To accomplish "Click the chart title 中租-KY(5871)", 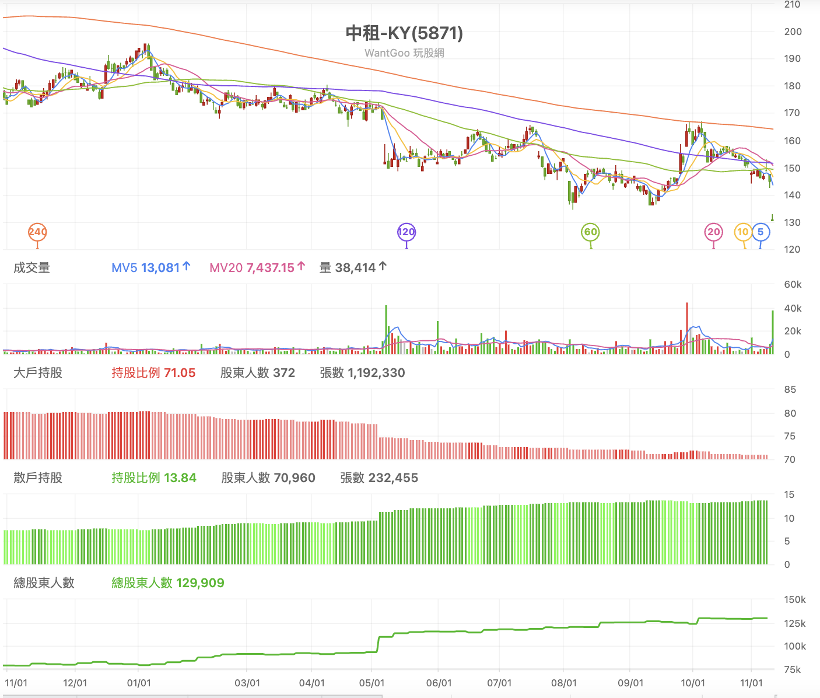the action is [404, 33].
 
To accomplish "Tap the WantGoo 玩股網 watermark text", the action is [404, 53].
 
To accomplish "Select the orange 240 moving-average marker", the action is [38, 232].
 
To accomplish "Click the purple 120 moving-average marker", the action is [407, 232].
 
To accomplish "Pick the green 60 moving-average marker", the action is [590, 232].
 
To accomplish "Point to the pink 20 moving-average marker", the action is [714, 232].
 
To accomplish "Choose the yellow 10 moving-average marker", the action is [743, 232].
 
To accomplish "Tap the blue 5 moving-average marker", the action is [761, 232].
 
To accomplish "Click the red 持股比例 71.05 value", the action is [153, 373].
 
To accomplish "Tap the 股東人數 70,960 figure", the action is [268, 477].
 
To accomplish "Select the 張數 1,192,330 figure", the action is [362, 373].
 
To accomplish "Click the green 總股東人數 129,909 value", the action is [168, 583].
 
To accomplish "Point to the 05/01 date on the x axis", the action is [372, 683].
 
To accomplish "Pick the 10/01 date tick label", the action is [693, 683].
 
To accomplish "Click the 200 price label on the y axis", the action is [793, 32].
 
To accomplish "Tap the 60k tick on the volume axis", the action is [793, 284].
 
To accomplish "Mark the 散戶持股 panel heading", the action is [38, 477].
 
